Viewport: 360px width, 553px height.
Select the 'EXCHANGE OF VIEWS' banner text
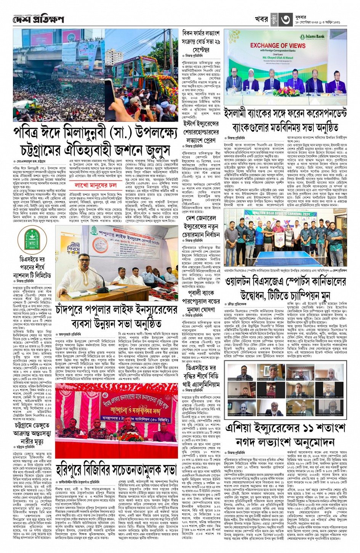click(x=278, y=45)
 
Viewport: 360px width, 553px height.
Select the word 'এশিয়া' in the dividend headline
click(x=243, y=428)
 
